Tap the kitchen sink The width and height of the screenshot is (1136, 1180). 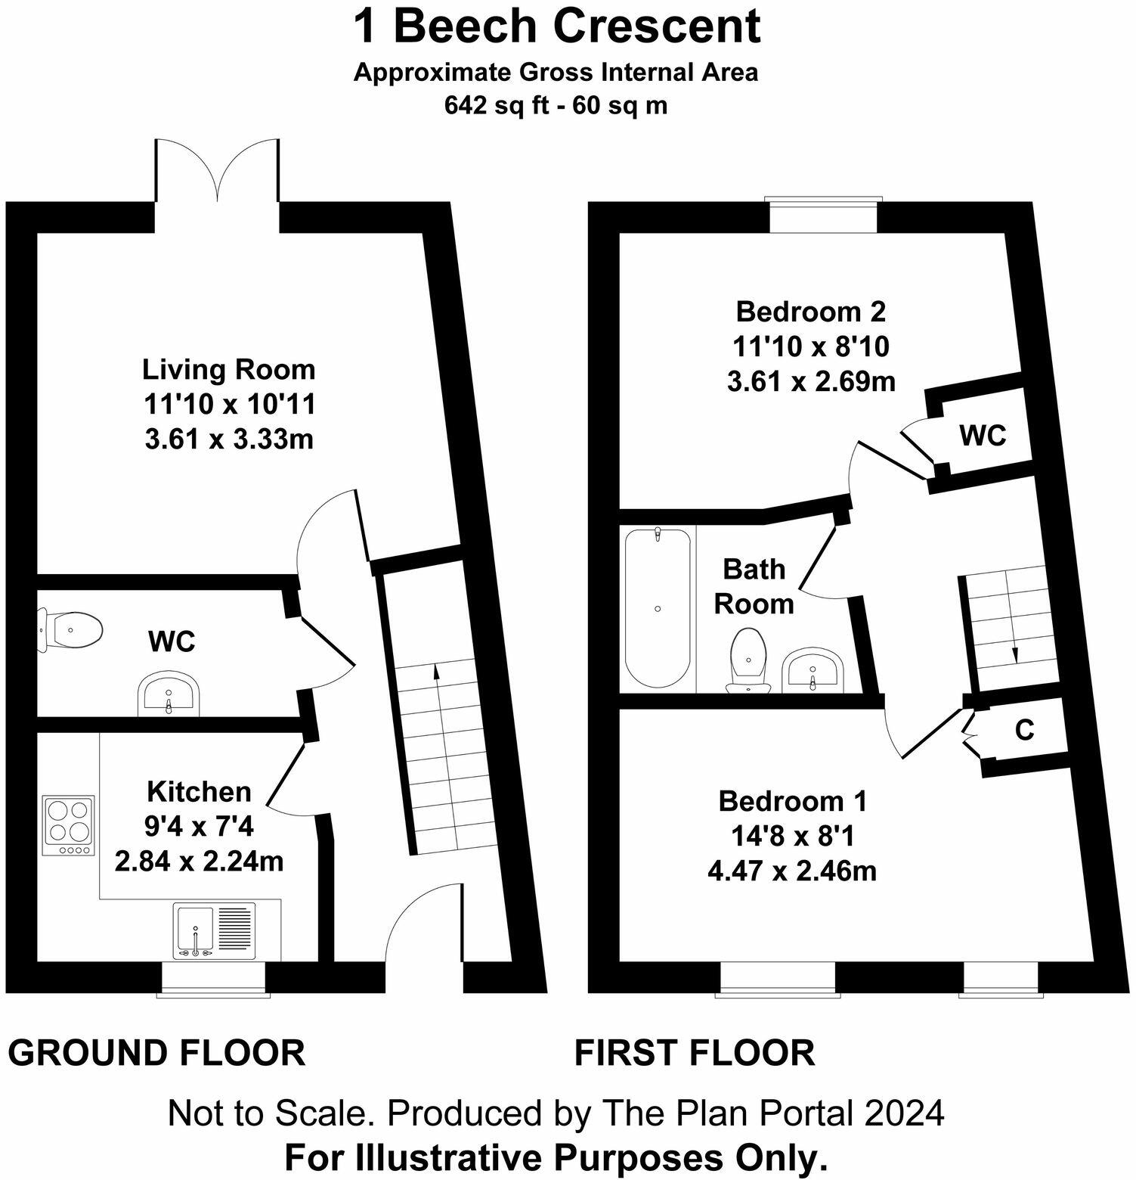click(217, 930)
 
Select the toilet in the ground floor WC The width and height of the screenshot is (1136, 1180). click(70, 629)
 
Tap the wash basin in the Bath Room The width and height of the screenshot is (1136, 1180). click(813, 670)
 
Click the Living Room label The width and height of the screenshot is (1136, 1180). click(229, 370)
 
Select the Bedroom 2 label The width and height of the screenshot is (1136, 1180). click(811, 311)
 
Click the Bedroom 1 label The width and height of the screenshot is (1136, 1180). click(793, 800)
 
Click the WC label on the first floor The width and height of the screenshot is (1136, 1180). click(983, 436)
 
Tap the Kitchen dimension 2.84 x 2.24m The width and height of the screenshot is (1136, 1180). click(199, 861)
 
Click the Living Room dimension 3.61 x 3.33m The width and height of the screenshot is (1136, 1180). click(229, 439)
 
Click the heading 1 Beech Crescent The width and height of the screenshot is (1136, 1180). click(557, 27)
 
